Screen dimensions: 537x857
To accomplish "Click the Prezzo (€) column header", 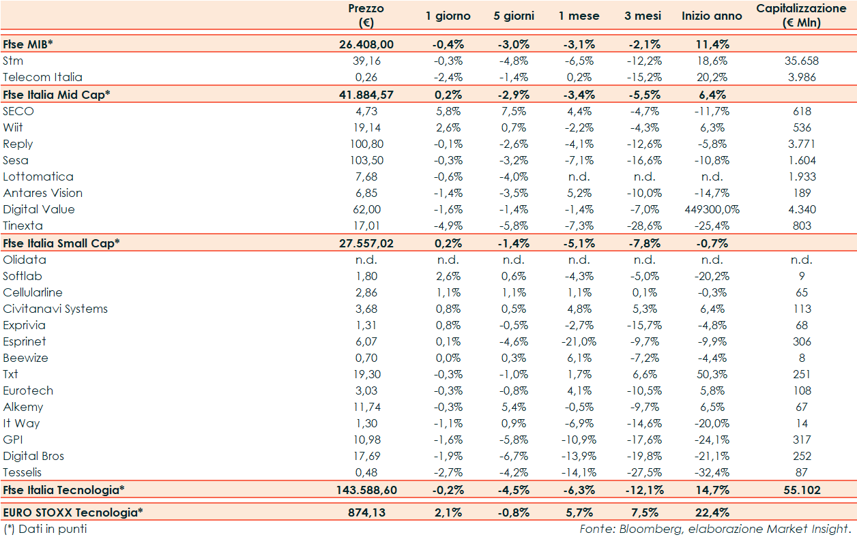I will (x=366, y=15).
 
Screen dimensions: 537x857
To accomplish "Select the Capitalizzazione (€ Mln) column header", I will (x=801, y=15).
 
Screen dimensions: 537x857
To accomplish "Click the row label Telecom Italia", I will (x=42, y=77).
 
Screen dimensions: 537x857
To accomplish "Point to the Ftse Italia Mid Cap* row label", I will (x=55, y=94).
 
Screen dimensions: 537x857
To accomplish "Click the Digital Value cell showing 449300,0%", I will (x=712, y=209).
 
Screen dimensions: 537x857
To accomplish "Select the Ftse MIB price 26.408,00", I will (x=366, y=44).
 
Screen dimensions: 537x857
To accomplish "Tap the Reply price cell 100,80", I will (x=366, y=144).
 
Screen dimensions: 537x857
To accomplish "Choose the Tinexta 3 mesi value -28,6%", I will (x=644, y=226).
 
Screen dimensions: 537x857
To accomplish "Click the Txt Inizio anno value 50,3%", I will (x=712, y=374).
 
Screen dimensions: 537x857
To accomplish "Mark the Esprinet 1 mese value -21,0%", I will (x=579, y=341).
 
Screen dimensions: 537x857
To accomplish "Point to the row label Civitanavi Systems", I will (x=55, y=309).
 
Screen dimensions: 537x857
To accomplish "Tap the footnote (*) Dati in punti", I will (x=45, y=528).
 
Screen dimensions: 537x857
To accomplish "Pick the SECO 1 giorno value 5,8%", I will (x=448, y=111).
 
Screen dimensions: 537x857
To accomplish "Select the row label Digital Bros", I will (x=33, y=456).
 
